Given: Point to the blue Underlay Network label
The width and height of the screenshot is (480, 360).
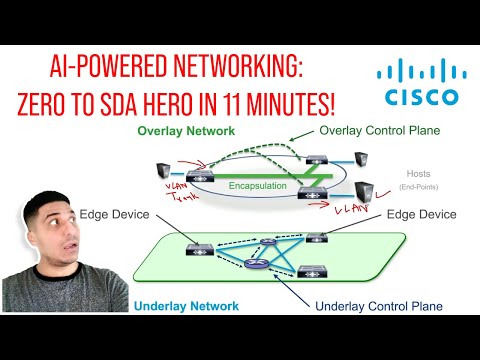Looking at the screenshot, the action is pos(184,304).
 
